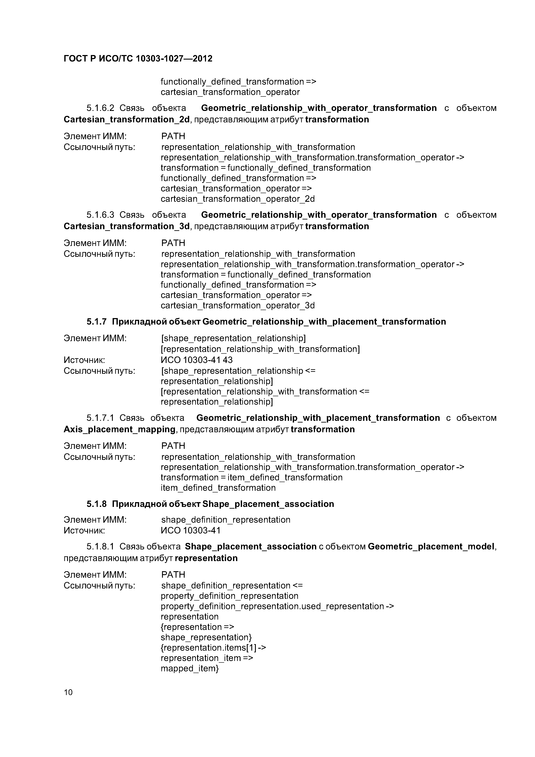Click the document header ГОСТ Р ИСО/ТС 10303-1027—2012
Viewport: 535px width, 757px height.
pos(138,59)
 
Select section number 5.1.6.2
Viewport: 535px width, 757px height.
pos(100,108)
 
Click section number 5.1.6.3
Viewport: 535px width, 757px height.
pos(100,215)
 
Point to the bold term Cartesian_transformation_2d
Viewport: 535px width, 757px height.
pos(127,119)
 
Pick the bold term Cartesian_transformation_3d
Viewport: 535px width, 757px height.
pos(127,226)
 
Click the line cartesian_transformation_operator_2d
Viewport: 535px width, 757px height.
pos(237,199)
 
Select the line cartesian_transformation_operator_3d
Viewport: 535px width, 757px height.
pos(237,305)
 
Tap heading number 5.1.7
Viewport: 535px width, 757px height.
pos(97,322)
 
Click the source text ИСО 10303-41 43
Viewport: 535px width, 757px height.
pos(197,360)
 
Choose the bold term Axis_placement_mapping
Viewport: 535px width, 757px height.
pos(119,429)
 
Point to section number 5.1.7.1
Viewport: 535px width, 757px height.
pos(100,418)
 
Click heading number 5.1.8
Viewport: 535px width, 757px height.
pos(97,504)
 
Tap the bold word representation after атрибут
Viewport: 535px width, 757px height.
pos(206,558)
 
